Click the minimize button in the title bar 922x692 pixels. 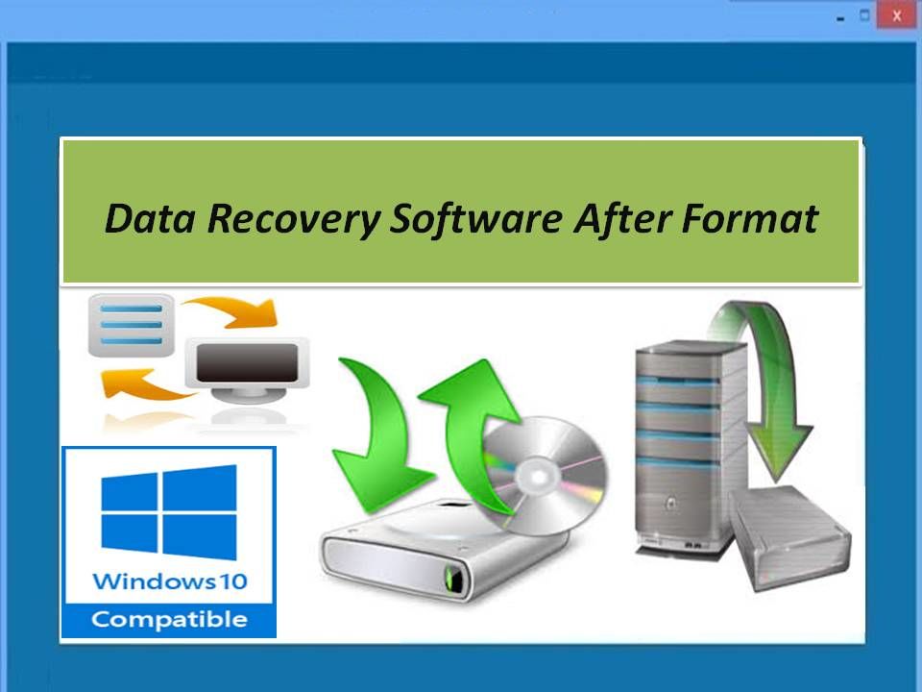[840, 19]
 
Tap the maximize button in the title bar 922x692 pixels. [864, 15]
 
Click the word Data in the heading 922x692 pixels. [150, 219]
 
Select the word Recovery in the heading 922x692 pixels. [294, 220]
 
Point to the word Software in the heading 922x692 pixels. [476, 220]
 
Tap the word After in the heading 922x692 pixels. [622, 218]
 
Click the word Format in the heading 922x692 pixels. [750, 219]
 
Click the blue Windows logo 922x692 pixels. [169, 512]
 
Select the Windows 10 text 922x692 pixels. [170, 581]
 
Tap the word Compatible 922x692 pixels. [169, 620]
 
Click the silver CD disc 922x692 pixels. [544, 476]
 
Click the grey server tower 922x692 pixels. [691, 447]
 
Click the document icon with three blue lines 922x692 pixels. [132, 326]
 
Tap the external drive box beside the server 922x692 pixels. [790, 538]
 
